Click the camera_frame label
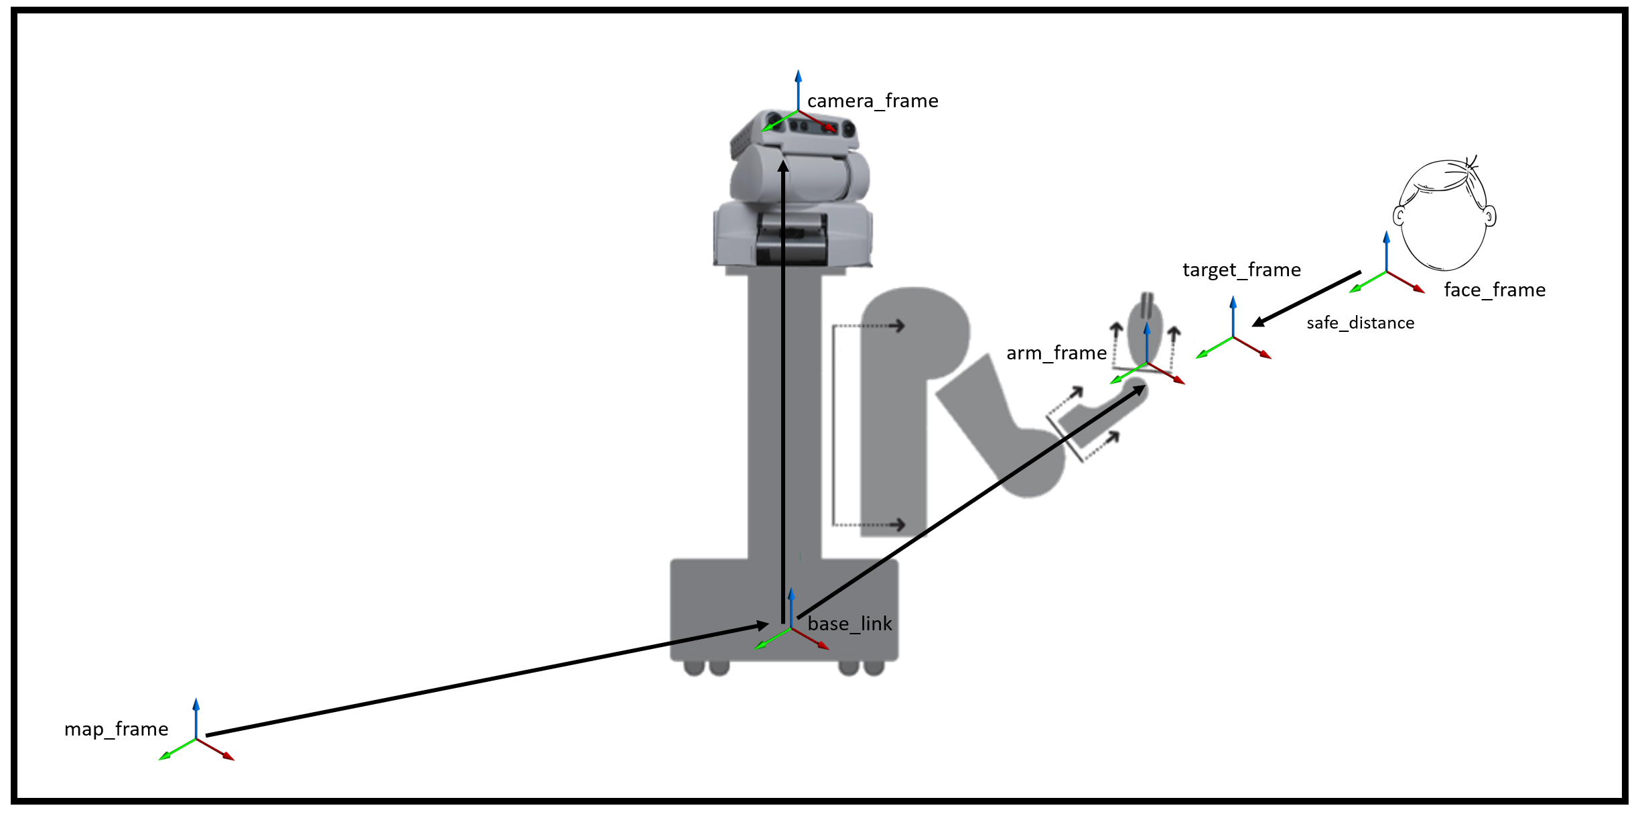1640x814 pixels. (872, 101)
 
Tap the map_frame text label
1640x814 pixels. (116, 729)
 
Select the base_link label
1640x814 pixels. (849, 624)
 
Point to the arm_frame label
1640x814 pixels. (1056, 353)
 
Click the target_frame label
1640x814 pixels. (1241, 270)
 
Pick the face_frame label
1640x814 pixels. (1494, 290)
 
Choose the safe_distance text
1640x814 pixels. (1360, 323)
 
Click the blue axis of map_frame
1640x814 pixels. (196, 717)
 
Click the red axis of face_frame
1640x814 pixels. (1406, 282)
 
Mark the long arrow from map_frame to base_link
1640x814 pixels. (482, 681)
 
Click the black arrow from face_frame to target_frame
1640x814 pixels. (1306, 298)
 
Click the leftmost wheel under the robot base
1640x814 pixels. (694, 668)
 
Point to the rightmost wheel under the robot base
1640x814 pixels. (874, 668)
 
